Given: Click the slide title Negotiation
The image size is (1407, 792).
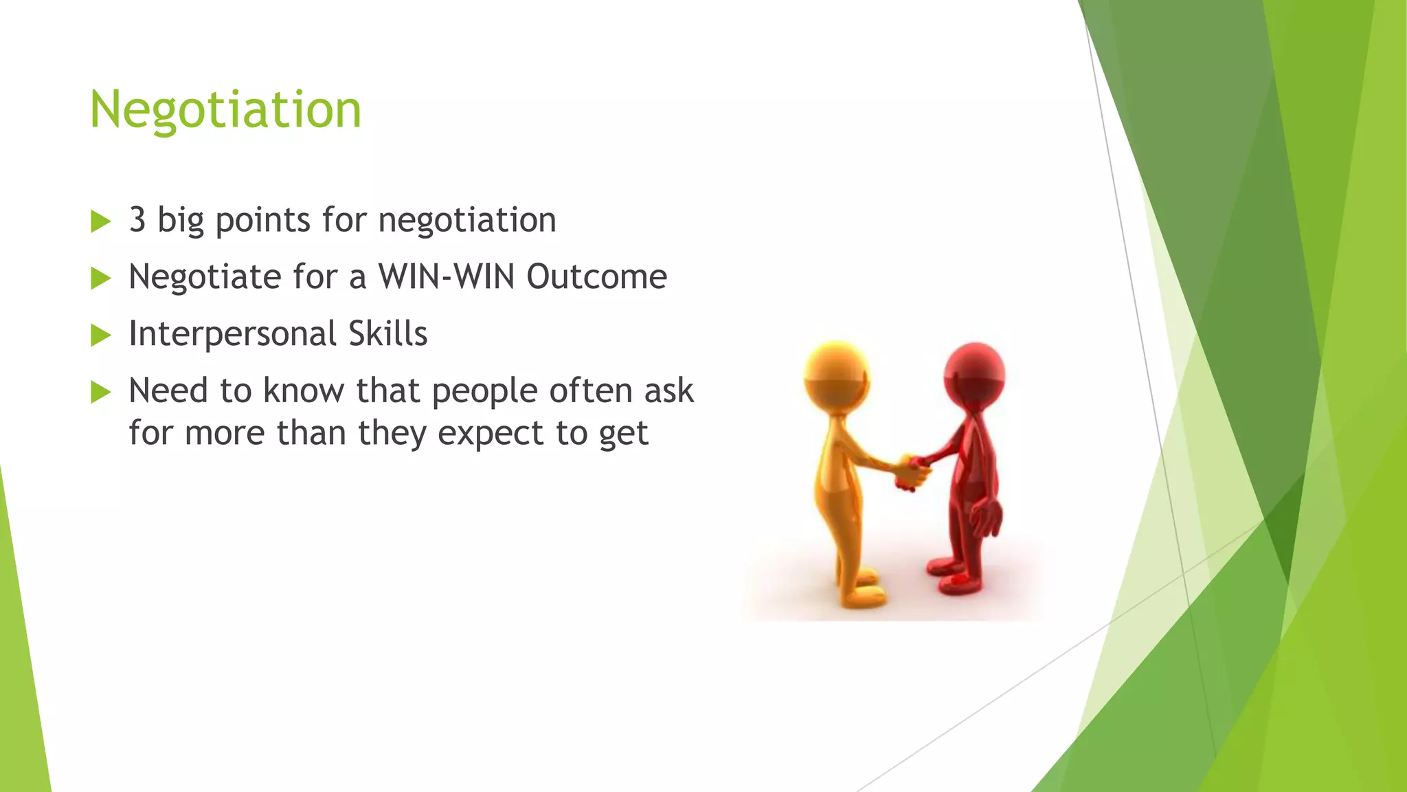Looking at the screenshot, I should (225, 110).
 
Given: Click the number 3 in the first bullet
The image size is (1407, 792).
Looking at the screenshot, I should (137, 220).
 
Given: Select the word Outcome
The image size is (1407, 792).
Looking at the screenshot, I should (596, 277).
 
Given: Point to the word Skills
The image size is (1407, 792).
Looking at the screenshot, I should (388, 334).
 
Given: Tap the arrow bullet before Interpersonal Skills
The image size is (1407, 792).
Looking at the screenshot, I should (100, 335).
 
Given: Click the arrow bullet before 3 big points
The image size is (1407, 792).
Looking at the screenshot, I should (100, 221).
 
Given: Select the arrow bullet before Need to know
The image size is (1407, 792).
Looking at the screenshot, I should (100, 393).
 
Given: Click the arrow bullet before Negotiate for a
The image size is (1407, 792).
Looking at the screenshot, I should (100, 278).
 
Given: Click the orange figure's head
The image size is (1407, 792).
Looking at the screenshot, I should (836, 375).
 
